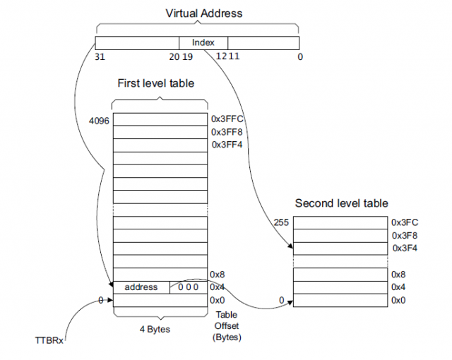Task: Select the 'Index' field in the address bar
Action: point(203,43)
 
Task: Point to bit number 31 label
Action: point(101,56)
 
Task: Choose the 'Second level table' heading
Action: point(341,203)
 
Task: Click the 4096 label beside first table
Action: point(99,121)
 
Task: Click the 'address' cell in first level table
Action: point(141,287)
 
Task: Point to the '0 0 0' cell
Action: point(187,287)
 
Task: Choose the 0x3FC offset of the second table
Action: point(405,222)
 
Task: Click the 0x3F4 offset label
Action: point(405,248)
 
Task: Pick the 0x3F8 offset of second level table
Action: point(405,235)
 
